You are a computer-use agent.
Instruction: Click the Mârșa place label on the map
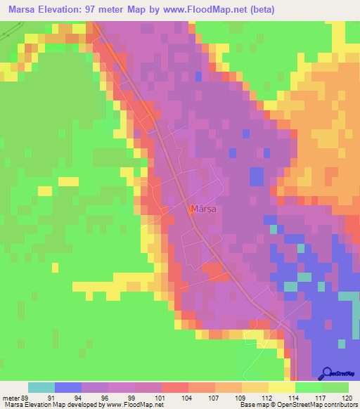coord(202,209)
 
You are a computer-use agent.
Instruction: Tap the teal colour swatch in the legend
coord(41,387)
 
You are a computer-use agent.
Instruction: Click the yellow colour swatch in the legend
coord(282,387)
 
